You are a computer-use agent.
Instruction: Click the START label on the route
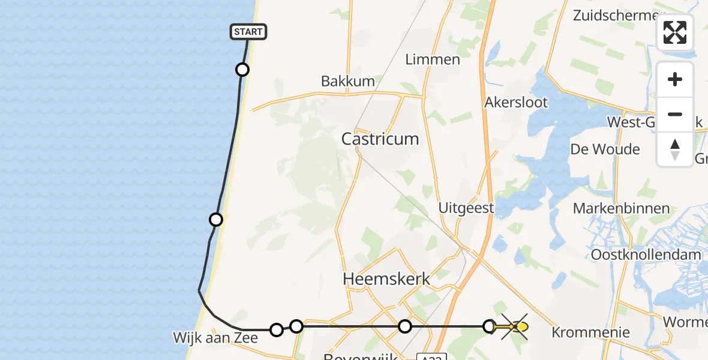coord(248,32)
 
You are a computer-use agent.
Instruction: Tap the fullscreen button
coord(675,32)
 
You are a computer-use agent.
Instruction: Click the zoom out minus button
coord(675,114)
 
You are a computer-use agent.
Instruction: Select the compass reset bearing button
coord(675,149)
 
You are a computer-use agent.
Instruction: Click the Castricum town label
coord(380,139)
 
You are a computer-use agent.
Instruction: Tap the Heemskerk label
coord(386,279)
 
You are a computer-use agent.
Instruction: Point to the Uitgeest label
coord(466,208)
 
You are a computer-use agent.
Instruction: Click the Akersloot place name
coord(516,103)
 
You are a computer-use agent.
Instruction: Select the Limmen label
coord(433,59)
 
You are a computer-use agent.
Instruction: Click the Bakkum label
coord(348,81)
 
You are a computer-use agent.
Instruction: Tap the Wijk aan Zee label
coord(215,338)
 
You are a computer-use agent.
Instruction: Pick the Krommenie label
coord(590,332)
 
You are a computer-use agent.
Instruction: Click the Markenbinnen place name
coord(622,209)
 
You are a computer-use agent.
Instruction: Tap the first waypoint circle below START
coord(242,70)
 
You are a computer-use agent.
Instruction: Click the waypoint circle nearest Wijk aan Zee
coord(276,329)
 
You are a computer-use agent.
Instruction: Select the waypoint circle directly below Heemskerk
coord(405,326)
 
